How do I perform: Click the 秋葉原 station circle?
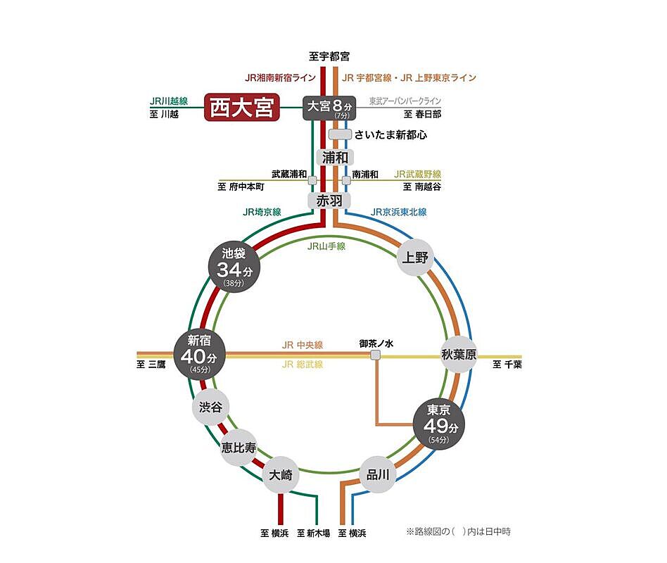(x=459, y=355)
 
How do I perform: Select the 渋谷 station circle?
(x=210, y=407)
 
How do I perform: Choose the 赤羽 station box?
(x=329, y=201)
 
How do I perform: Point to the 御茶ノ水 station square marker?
(x=376, y=355)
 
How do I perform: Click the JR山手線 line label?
(x=326, y=246)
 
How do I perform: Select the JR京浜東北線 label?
(x=399, y=212)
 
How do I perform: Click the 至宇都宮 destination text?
(x=329, y=56)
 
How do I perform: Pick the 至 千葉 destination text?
(x=507, y=365)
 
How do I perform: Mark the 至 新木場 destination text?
(x=314, y=533)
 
